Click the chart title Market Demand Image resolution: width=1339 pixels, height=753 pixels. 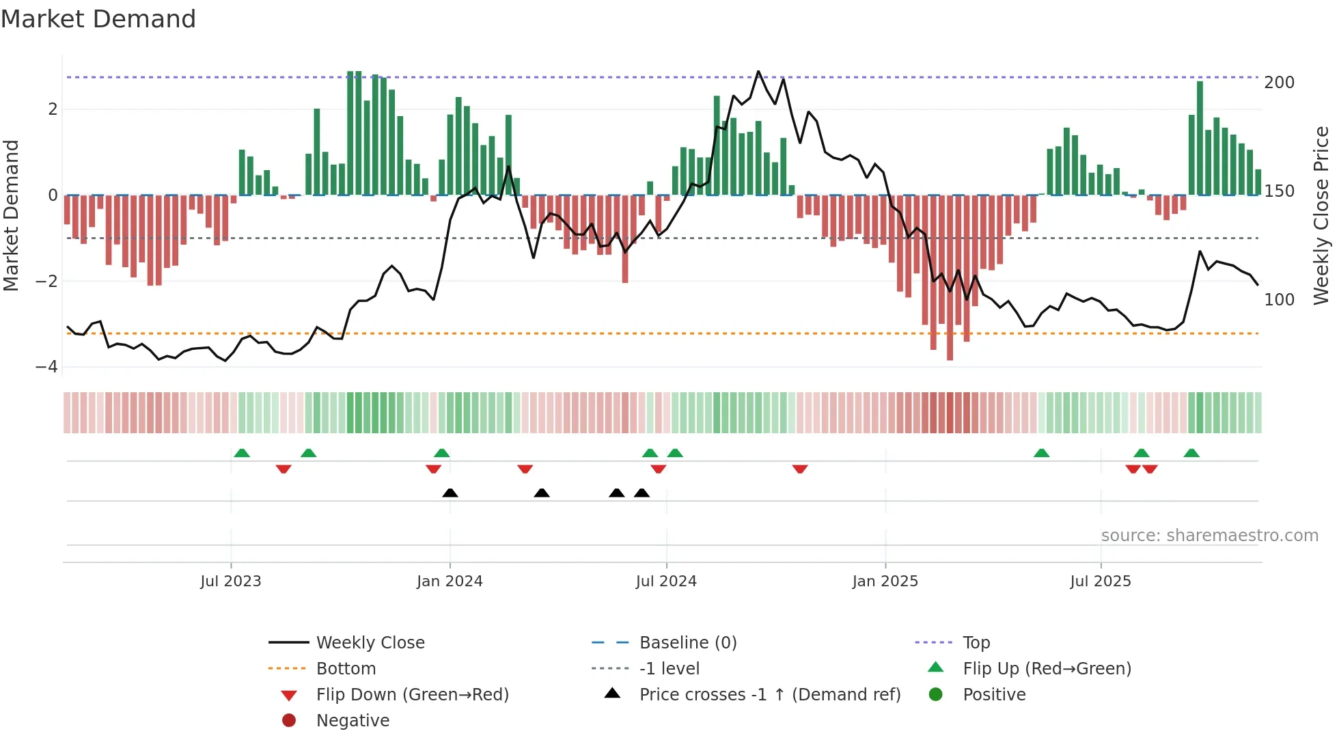point(98,19)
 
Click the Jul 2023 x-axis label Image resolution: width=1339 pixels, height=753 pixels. point(231,581)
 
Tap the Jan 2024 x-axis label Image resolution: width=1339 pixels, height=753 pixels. point(450,581)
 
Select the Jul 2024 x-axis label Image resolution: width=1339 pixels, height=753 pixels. point(666,581)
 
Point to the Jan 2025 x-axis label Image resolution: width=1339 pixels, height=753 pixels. point(885,581)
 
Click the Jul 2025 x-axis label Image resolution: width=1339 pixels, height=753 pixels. point(1101,581)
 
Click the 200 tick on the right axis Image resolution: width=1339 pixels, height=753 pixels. point(1279,83)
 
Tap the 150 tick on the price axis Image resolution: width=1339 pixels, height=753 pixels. point(1279,191)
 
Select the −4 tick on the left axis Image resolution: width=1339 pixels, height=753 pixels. point(46,367)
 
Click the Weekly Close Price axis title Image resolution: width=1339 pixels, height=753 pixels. point(1321,215)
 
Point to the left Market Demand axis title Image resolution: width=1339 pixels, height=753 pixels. point(11,215)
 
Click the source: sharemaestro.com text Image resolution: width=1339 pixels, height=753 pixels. point(1209,536)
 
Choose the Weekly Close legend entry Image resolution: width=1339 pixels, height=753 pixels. point(370,643)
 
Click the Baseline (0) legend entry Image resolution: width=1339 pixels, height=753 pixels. point(688,643)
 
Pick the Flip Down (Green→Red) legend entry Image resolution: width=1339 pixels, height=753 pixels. point(412,695)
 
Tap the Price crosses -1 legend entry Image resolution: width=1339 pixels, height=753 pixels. point(770,695)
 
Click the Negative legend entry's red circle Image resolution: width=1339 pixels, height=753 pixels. point(289,721)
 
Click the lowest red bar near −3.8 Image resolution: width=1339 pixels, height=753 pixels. point(950,355)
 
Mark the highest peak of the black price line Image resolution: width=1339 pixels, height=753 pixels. point(758,72)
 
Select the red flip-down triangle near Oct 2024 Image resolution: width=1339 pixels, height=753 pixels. point(800,469)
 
